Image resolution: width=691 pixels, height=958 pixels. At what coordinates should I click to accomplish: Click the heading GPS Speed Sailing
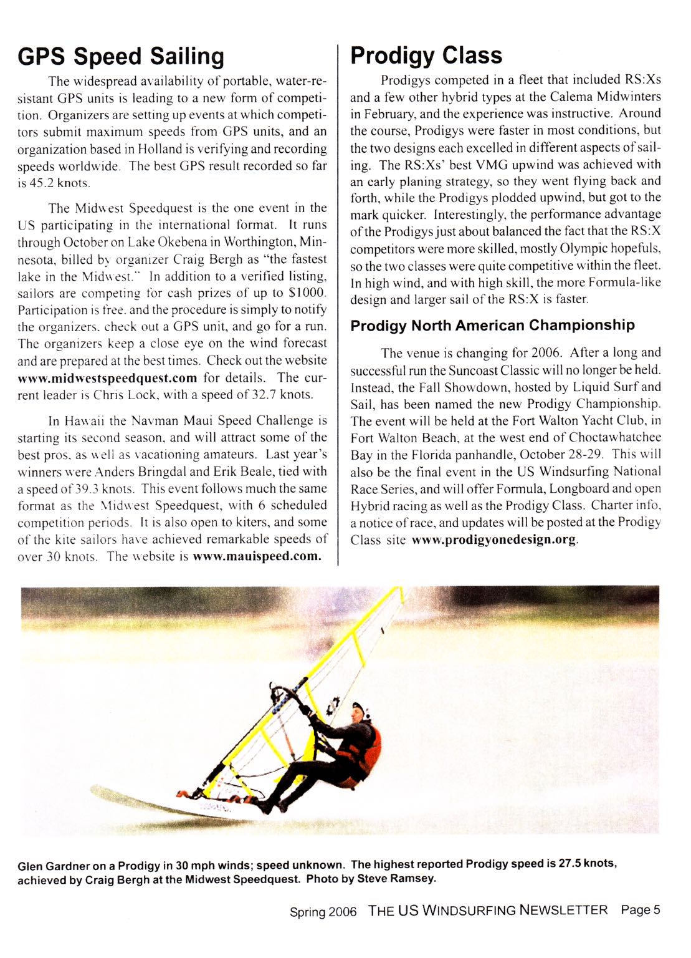click(x=121, y=57)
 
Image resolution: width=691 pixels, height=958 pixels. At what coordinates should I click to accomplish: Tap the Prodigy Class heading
click(x=426, y=56)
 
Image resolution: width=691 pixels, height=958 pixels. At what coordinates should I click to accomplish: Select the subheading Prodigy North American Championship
click(x=492, y=326)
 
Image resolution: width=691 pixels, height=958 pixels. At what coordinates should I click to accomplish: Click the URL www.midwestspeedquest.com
click(x=107, y=378)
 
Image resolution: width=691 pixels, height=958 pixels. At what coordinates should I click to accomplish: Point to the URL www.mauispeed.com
click(x=257, y=556)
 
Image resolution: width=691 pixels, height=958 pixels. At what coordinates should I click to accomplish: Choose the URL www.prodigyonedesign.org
click(x=493, y=539)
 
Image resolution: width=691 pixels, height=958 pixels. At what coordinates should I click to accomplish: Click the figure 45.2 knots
click(x=60, y=183)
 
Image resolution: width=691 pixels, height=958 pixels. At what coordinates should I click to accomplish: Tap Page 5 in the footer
click(x=640, y=910)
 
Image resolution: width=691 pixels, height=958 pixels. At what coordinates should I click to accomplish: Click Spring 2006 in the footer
click(x=323, y=912)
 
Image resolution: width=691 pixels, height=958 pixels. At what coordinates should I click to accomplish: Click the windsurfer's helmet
click(x=359, y=709)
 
